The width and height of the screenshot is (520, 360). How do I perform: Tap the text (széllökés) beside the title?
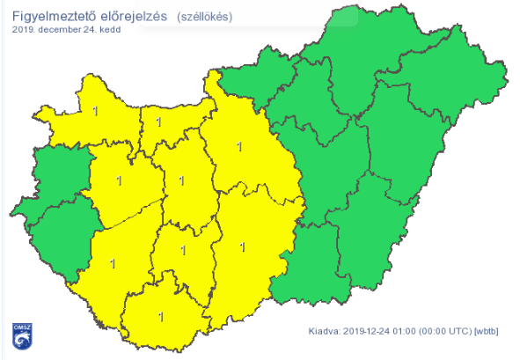pyautogui.click(x=206, y=17)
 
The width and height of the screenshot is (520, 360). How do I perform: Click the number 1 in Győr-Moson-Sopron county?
pyautogui.click(x=96, y=111)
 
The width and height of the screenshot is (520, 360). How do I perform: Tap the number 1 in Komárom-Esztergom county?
pyautogui.click(x=158, y=121)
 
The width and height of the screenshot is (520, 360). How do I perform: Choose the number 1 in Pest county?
pyautogui.click(x=239, y=147)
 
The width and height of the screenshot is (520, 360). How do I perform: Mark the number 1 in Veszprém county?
pyautogui.click(x=118, y=181)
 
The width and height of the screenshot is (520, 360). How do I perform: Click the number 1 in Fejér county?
pyautogui.click(x=181, y=180)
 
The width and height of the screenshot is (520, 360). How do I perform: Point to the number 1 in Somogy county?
pyautogui.click(x=112, y=262)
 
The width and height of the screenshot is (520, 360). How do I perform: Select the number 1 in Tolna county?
pyautogui.click(x=182, y=251)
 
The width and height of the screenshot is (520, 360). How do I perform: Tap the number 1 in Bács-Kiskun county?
pyautogui.click(x=242, y=249)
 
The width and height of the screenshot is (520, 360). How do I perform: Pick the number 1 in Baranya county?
pyautogui.click(x=159, y=315)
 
